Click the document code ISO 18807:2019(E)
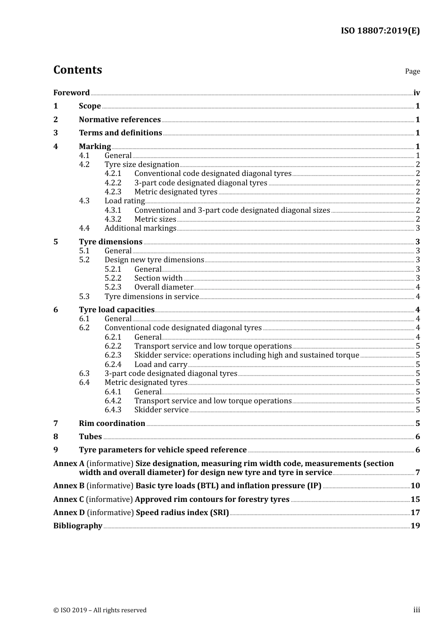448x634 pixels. coord(380,31)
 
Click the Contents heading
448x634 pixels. coord(77,70)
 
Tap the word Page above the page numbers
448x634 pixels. coord(412,71)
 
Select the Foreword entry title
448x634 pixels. coord(71,92)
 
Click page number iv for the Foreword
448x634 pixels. coord(416,92)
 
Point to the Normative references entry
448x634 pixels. coord(120,119)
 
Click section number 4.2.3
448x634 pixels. coord(113,192)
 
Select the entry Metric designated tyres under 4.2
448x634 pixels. coord(175,192)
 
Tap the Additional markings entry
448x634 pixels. coord(140,228)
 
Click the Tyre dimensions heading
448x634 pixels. coord(110,242)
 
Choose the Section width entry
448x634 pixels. coord(158,278)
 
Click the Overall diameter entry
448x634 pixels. coord(164,287)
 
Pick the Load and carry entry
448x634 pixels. coord(160,364)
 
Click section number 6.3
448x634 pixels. coord(84,373)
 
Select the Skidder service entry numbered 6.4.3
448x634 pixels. coord(161,409)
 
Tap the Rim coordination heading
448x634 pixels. coord(112,423)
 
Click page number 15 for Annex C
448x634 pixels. coord(415,499)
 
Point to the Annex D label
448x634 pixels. coord(69,512)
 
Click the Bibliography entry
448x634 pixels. coord(78,526)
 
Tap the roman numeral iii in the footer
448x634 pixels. coord(416,610)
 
